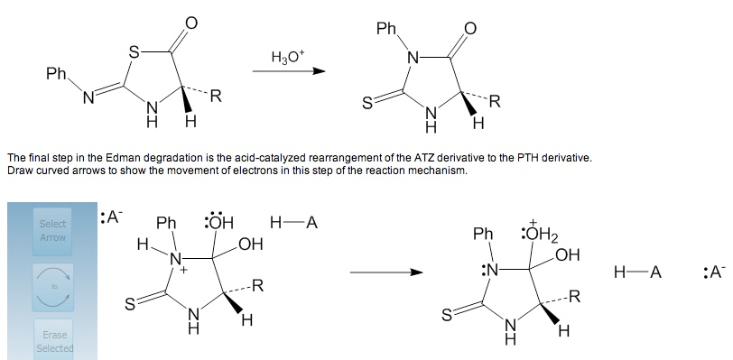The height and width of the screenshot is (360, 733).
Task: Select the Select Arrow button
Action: coord(53,230)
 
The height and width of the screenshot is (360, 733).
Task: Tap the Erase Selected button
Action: coord(53,341)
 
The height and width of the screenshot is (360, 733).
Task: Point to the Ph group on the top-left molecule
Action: coord(56,73)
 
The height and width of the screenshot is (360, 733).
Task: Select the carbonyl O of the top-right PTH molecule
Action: coord(469,29)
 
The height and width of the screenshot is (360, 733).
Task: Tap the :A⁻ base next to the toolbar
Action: coord(113,217)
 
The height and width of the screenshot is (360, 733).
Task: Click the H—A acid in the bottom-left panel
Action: coord(294,221)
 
